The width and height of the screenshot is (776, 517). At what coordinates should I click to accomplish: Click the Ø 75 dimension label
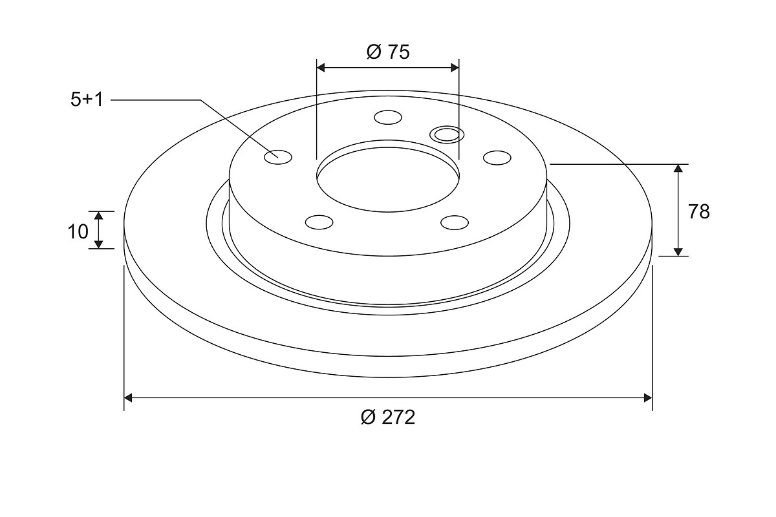388,52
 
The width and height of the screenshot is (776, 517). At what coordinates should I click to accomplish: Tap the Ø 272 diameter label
387,417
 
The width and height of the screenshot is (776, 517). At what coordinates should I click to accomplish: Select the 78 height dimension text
699,211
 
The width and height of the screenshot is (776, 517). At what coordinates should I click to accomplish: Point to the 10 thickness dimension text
78,231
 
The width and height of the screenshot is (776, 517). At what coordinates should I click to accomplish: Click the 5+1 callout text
87,100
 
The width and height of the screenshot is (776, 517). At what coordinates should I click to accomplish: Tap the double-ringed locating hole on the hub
447,134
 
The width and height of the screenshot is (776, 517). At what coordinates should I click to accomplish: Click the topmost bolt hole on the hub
388,118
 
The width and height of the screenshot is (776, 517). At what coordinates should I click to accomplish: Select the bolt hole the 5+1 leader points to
278,157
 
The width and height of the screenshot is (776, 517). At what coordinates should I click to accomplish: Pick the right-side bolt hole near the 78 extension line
497,158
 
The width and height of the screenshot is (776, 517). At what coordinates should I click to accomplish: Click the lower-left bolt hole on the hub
319,222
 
